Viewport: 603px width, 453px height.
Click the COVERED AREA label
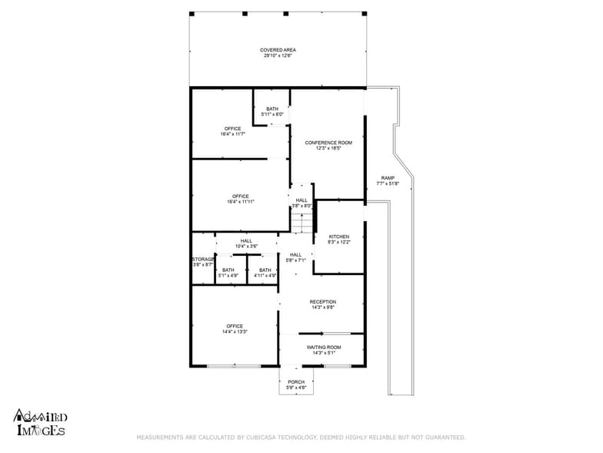tap(278, 50)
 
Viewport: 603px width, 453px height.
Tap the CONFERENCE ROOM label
tap(328, 143)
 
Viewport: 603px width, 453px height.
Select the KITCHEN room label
tap(339, 237)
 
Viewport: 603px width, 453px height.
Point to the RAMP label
tap(388, 178)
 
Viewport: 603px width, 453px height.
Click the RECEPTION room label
tap(323, 302)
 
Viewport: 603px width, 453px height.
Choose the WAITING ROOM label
tap(323, 347)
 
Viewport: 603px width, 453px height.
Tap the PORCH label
tap(296, 382)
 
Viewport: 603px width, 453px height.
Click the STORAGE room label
tap(204, 260)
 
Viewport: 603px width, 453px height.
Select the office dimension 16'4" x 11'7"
tap(233, 134)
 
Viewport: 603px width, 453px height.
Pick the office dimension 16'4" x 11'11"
tap(241, 202)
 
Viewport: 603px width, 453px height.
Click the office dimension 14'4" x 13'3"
tap(235, 331)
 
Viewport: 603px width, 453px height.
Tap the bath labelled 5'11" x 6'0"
tap(272, 115)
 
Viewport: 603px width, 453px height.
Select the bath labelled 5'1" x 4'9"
tap(228, 275)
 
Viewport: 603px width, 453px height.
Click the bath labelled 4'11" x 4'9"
tap(265, 275)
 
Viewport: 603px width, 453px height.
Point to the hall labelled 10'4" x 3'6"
tap(246, 246)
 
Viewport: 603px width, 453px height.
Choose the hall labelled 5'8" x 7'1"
tap(296, 260)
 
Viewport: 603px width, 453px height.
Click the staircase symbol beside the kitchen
tap(302, 223)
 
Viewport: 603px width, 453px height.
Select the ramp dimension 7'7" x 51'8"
tap(388, 183)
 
